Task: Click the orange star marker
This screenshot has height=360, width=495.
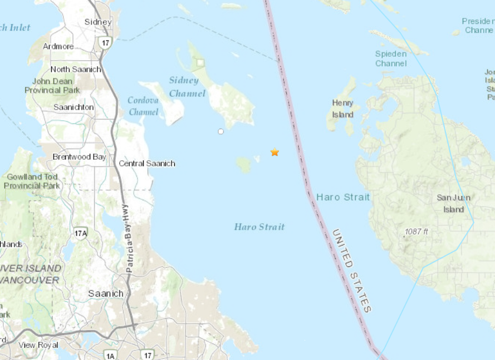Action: [x=275, y=152]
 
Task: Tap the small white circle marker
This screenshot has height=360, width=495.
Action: [x=220, y=131]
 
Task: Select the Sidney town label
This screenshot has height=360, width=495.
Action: [x=98, y=22]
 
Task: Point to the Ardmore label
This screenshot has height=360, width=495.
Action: [x=59, y=46]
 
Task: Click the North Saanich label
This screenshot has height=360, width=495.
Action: [x=76, y=69]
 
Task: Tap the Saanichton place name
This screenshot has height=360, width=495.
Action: [x=73, y=107]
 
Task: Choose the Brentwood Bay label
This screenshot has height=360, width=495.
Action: [x=79, y=157]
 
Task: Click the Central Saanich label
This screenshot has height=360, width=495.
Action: [x=147, y=163]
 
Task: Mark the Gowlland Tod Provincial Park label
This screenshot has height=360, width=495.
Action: [x=31, y=181]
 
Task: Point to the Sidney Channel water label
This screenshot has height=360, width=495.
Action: [x=188, y=87]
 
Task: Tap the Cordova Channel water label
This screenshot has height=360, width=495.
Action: [x=143, y=106]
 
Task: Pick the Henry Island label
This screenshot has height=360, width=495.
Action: [x=342, y=109]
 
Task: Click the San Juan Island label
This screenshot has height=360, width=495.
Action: [x=453, y=204]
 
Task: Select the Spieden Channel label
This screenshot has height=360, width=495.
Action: [x=391, y=58]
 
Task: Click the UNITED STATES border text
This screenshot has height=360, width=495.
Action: [x=351, y=270]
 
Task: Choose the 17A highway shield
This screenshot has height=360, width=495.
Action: [x=80, y=231]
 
